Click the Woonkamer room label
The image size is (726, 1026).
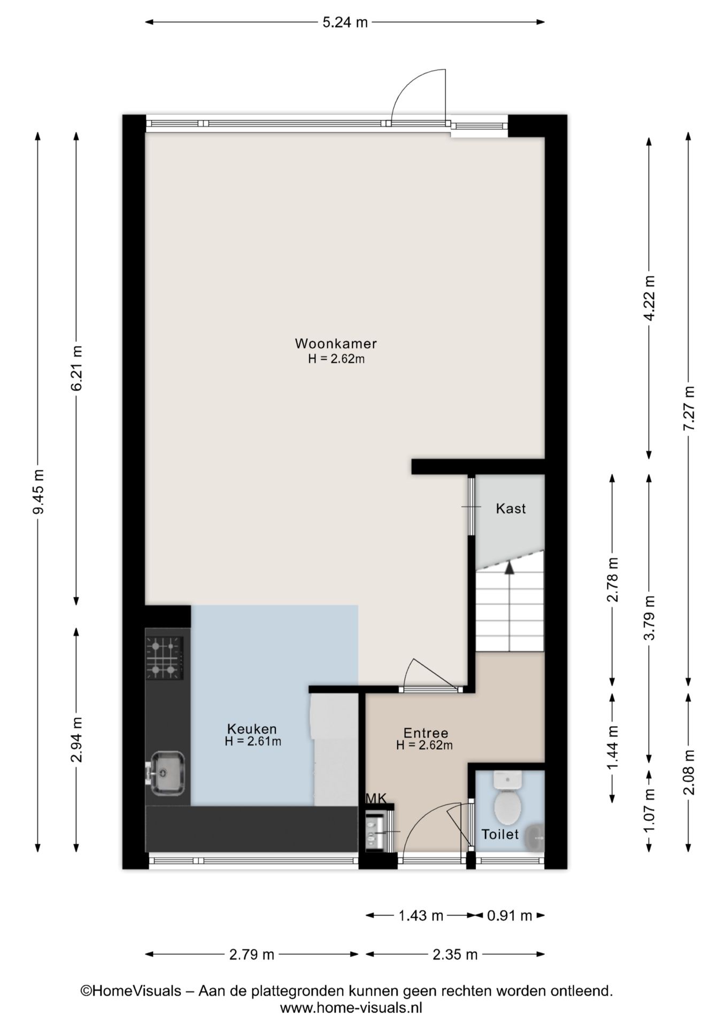click(x=336, y=343)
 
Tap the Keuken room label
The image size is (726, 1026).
click(x=252, y=728)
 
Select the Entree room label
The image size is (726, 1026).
click(x=426, y=733)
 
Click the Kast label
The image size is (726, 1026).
click(x=511, y=508)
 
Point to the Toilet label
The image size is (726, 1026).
click(x=500, y=834)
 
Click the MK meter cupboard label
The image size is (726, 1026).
click(x=375, y=798)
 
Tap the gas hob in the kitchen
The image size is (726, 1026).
click(x=165, y=658)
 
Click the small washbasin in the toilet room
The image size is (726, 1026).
click(x=535, y=838)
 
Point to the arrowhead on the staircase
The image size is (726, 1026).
click(x=509, y=568)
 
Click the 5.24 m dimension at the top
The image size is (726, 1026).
click(x=345, y=22)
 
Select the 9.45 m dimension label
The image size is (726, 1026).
click(x=38, y=491)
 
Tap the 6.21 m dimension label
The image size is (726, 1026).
click(x=76, y=368)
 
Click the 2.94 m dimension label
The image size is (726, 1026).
click(x=76, y=740)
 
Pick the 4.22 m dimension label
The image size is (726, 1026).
click(x=649, y=298)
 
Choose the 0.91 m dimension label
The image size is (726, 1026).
click(x=509, y=915)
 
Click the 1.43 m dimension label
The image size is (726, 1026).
click(x=421, y=915)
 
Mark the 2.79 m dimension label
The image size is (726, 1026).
click(x=252, y=954)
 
